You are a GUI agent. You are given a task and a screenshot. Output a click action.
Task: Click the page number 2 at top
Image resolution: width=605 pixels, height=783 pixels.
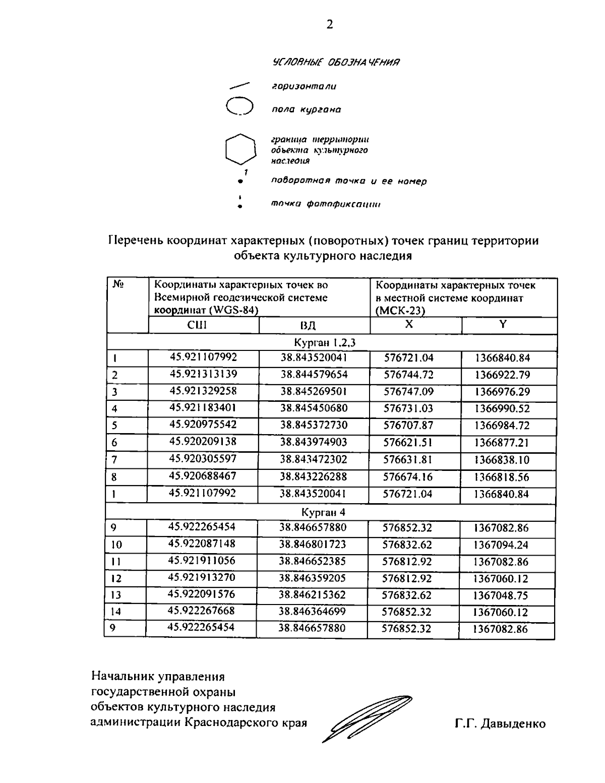coord(329,25)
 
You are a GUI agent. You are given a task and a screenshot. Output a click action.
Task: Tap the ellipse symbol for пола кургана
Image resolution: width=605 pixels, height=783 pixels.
coord(239,107)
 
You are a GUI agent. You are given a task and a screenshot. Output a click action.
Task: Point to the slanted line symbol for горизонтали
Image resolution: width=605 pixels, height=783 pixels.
coord(240,86)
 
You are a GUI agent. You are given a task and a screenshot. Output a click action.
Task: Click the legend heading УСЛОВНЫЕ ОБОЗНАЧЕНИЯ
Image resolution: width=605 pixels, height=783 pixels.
coord(336,63)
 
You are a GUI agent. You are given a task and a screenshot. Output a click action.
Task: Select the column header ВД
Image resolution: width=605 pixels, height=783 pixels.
coord(308,326)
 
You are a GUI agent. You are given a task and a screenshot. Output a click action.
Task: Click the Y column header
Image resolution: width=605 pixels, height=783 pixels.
coord(502,325)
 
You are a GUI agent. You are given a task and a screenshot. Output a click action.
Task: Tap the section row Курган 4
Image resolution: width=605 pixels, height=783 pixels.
coord(330,512)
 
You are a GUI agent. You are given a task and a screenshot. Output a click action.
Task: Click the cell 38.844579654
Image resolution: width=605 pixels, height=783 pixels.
coord(314,375)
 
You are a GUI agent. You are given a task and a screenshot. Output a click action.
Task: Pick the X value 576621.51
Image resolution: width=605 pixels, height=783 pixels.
coord(408,443)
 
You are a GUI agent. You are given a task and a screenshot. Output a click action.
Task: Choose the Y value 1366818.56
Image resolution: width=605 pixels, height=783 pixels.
coord(502,476)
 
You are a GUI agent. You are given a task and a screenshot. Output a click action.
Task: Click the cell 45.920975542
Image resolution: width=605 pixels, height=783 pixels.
coord(203,425)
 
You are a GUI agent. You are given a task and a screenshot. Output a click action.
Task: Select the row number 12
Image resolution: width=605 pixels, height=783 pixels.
coord(116,579)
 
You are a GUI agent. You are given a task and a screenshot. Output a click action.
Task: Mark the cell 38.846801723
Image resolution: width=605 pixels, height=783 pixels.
coord(313,544)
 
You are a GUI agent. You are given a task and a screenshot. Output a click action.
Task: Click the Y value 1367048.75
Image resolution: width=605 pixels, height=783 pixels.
coord(500,595)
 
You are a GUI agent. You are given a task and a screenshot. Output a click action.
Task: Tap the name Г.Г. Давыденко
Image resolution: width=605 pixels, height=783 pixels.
coord(500,724)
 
